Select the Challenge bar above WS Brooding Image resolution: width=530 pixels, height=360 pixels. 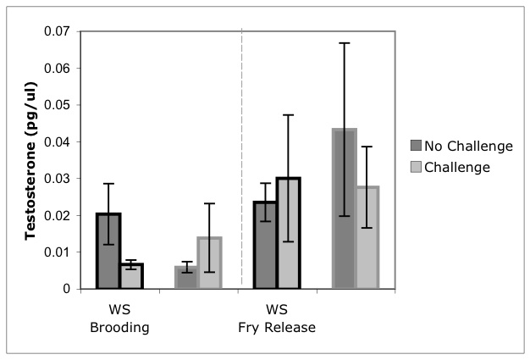tap(130, 276)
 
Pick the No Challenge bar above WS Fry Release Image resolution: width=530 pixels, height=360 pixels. tap(264, 245)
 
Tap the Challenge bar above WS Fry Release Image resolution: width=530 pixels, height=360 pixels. tap(288, 233)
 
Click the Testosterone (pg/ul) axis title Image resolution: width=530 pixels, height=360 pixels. tap(30, 160)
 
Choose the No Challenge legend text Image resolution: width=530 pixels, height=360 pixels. tap(468, 146)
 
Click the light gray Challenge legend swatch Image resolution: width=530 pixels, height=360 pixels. tap(416, 167)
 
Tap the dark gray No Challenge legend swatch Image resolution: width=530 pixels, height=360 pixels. tap(416, 146)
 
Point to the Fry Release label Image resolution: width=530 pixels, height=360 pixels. tap(276, 327)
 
